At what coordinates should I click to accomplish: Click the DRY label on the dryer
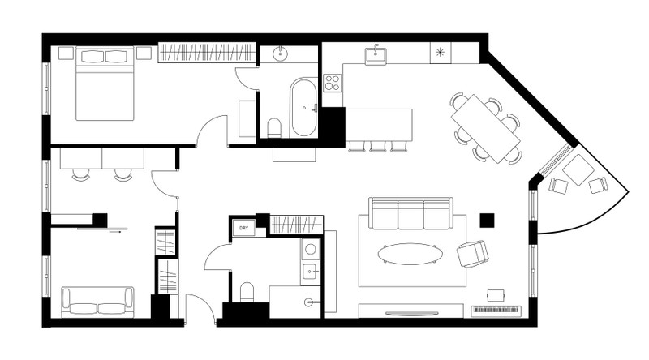tap(244, 228)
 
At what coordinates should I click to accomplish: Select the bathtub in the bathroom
tap(303, 107)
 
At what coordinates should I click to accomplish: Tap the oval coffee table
tap(410, 254)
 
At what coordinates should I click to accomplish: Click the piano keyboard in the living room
tap(496, 311)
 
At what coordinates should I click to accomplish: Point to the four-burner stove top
tap(333, 83)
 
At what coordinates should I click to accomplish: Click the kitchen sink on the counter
tap(376, 56)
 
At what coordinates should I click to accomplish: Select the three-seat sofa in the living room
tap(410, 213)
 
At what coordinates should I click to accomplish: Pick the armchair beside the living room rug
tap(473, 254)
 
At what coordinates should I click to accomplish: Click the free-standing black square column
tap(487, 221)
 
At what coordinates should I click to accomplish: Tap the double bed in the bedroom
tap(105, 84)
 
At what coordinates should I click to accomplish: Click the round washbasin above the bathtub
tap(281, 53)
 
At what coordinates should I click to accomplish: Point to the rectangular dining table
tap(485, 129)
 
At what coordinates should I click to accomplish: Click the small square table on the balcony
tap(578, 170)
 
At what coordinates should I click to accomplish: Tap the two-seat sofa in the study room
tap(97, 302)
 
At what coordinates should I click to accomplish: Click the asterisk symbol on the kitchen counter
tap(440, 52)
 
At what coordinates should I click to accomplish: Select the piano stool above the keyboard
tap(496, 295)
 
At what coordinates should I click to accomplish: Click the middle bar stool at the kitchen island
tap(378, 146)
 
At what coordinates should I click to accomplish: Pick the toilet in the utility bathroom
tap(247, 292)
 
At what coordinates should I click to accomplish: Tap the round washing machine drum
tap(310, 249)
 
